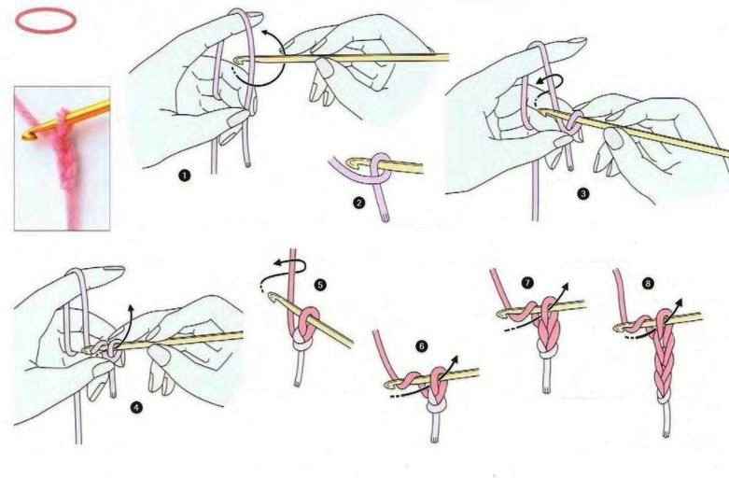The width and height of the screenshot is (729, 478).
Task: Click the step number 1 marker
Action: coord(185,176)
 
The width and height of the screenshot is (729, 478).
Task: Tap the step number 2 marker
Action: coord(358,204)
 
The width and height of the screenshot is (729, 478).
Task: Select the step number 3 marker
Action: coord(582,193)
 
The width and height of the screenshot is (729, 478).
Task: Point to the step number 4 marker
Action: coord(136,408)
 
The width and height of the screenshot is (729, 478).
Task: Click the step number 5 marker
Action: coord(320,284)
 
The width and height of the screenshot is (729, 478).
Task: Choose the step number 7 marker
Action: coord(526,282)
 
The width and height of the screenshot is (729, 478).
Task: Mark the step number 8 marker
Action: coord(649,283)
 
